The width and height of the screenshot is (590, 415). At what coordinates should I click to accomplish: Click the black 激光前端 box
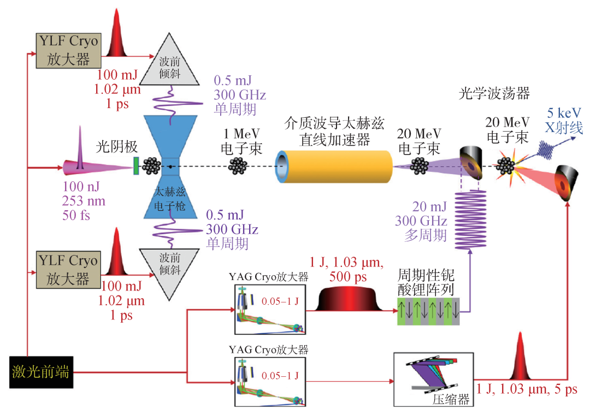(40, 372)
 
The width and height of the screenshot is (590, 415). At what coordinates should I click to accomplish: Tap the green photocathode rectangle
(136, 165)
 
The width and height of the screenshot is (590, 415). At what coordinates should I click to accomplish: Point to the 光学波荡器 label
(494, 93)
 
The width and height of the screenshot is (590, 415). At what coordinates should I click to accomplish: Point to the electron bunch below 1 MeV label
(238, 166)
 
